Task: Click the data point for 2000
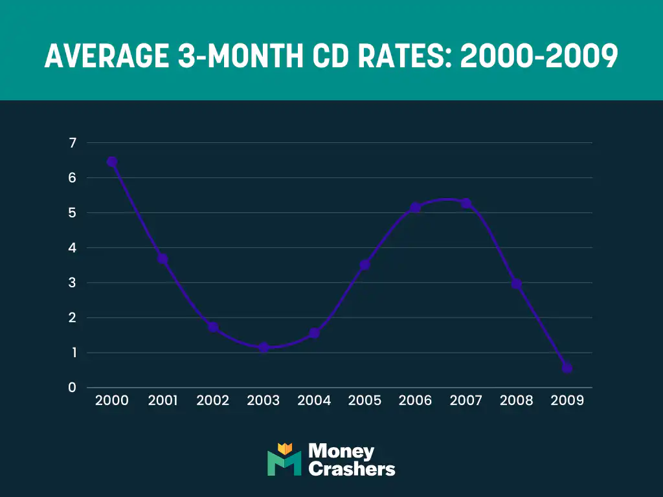point(112,162)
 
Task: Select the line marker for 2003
point(264,348)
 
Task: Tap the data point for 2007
point(466,203)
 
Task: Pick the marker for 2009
point(567,368)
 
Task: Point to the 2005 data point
point(365,265)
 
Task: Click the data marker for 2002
point(213,327)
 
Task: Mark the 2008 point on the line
point(516,283)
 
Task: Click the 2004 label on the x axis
point(314,401)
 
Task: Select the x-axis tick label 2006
point(415,401)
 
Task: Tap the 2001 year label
point(163,401)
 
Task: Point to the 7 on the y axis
point(72,143)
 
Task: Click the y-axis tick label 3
point(72,283)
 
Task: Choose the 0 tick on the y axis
point(72,388)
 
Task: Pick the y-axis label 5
point(72,213)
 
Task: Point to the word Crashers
point(352,469)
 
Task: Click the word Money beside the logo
point(341,451)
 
